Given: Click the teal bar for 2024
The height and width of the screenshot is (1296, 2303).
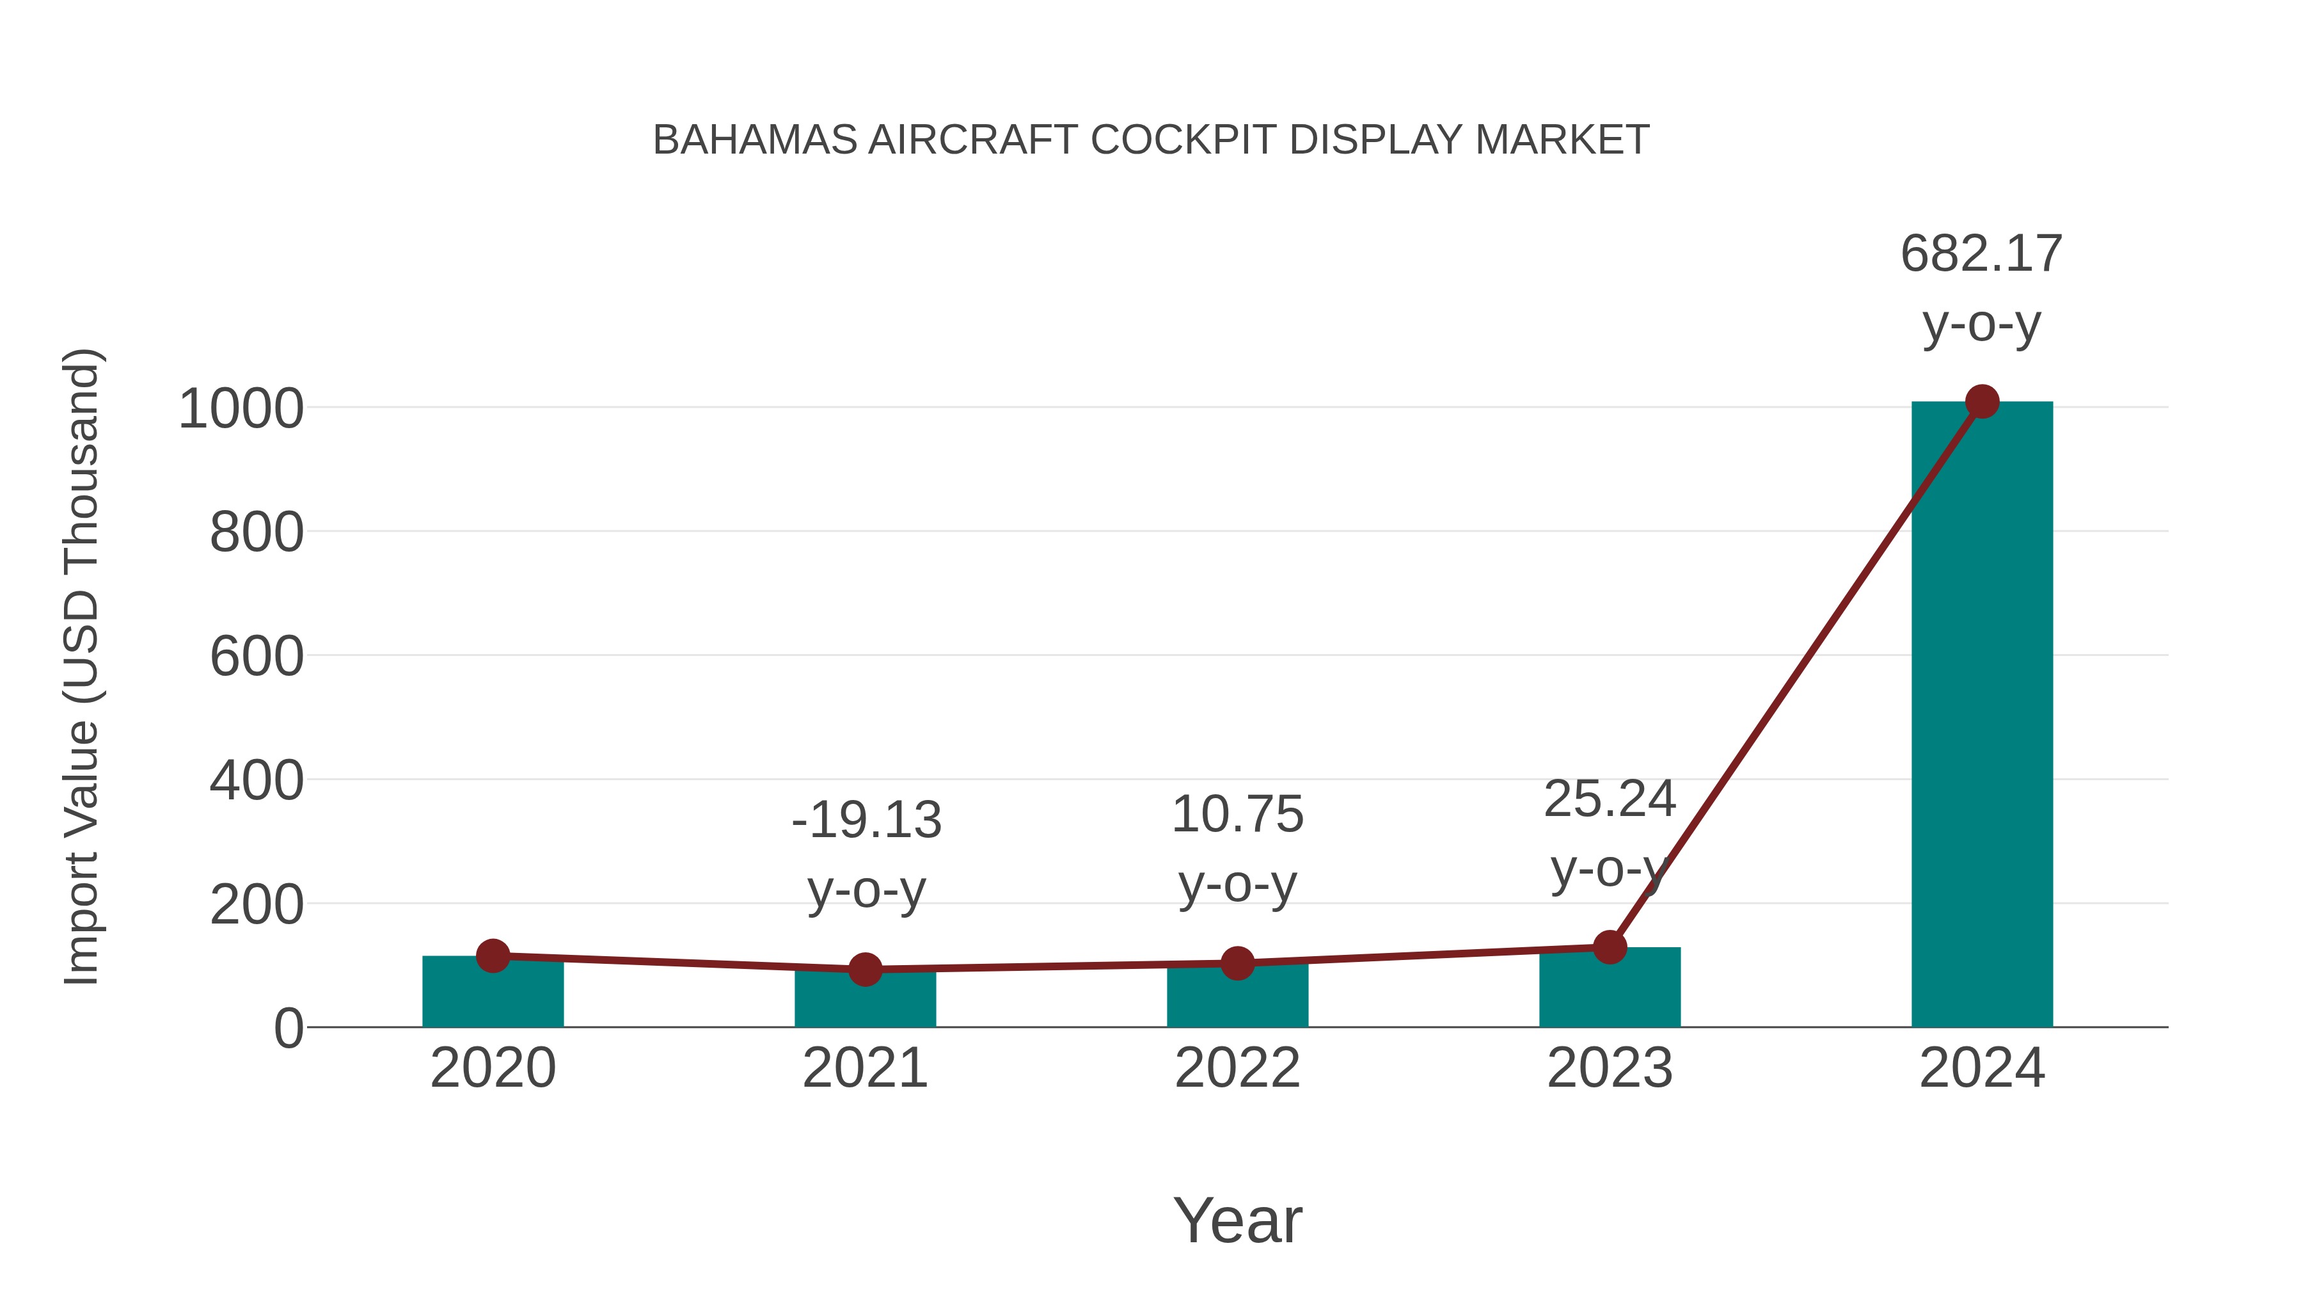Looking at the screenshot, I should coord(1981,716).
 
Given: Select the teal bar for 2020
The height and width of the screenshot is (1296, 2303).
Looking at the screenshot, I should coord(493,995).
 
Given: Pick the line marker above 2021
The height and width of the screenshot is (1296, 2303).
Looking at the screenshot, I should coord(864,969).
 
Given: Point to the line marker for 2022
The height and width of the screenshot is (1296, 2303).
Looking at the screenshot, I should coord(1237,963).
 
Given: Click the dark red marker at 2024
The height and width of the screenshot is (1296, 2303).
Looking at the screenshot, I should coord(1982,401).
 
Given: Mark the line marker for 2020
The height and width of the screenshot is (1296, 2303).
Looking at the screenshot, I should coord(493,956).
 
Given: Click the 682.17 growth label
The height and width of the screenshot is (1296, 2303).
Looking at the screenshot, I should coord(1981,254).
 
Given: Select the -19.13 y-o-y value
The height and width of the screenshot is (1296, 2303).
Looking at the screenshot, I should coord(866,820).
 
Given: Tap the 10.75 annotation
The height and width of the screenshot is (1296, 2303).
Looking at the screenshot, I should coord(1237,815).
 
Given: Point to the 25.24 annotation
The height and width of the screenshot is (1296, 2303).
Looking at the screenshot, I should coord(1610,799).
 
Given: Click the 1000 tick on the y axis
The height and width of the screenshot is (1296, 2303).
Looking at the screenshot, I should coord(241,410).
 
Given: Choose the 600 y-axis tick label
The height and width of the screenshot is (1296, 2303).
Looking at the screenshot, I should coord(257,657).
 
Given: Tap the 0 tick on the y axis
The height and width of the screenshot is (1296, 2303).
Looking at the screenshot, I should coord(289,1028).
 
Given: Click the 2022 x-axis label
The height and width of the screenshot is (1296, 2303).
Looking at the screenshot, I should coord(1237,1068).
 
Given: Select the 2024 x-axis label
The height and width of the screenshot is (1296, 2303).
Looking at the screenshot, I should coord(1981,1068).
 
